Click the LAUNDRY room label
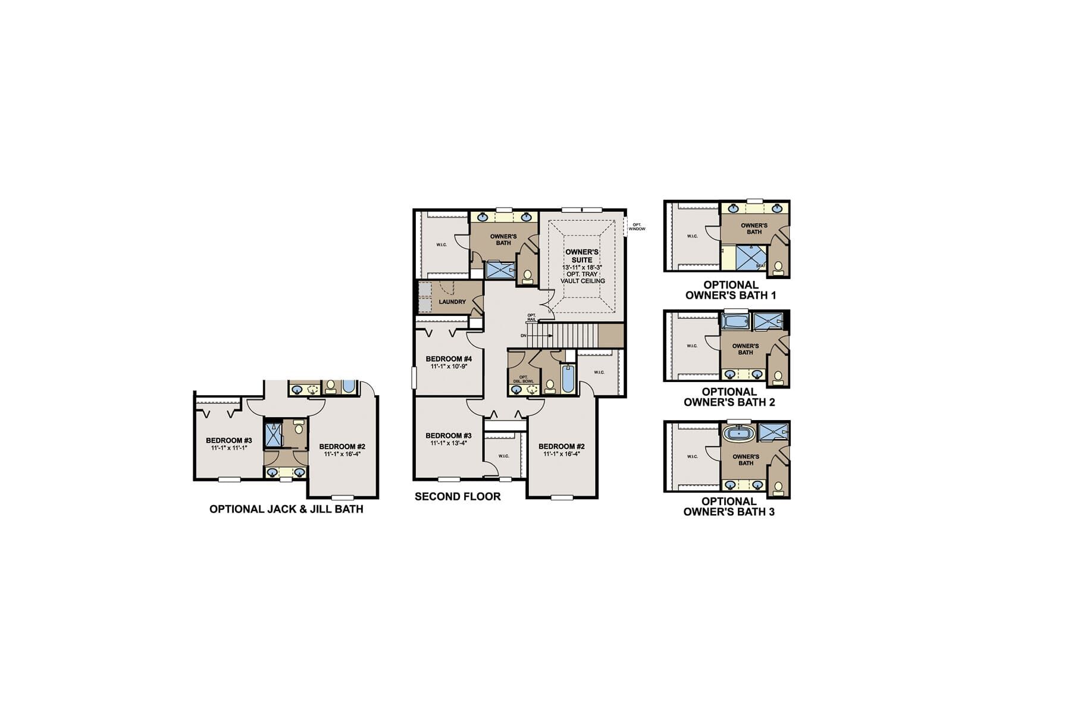pos(452,302)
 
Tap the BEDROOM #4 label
pos(449,359)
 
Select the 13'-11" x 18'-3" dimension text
pos(582,268)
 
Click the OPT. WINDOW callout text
pos(637,227)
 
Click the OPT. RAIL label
pos(531,317)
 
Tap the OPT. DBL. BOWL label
pos(524,378)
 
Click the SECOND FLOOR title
pos(458,496)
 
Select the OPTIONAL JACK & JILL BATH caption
pos(286,509)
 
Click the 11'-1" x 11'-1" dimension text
pos(229,447)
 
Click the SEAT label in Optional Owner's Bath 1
pos(760,265)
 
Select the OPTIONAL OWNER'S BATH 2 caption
pos(729,397)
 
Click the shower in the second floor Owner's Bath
pos(500,270)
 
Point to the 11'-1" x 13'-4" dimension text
pos(448,443)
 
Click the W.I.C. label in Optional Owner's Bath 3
pos(692,456)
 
